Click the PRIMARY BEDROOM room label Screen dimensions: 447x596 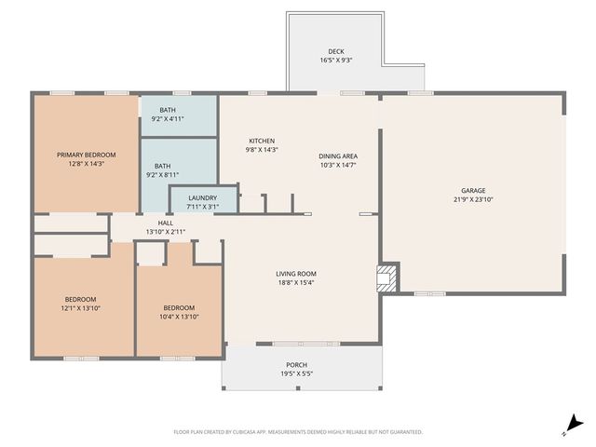point(86,155)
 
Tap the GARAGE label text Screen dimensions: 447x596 point(473,190)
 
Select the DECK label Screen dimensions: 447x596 point(336,51)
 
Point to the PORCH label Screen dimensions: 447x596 point(296,364)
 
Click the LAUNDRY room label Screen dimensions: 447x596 point(202,197)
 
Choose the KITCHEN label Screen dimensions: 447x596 point(261,141)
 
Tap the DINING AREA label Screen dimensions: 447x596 point(338,156)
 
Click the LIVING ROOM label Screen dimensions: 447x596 point(295,274)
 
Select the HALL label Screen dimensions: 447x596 point(165,223)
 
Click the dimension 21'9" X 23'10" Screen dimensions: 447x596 point(473,199)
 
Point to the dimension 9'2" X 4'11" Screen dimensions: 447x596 point(167,119)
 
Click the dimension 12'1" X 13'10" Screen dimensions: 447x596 point(79,308)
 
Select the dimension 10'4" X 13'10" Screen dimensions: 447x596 point(179,317)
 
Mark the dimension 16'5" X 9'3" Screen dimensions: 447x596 point(336,61)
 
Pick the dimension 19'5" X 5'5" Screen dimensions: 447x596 point(296,373)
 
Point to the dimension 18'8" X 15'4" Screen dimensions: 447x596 point(295,283)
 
